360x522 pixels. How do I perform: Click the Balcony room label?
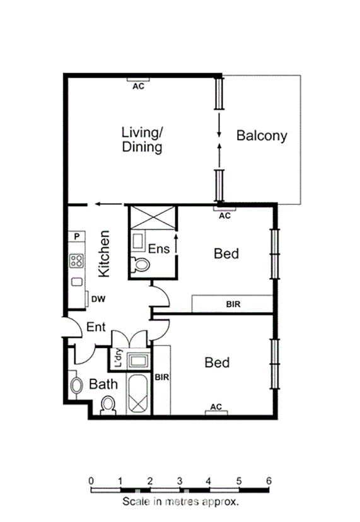click(262, 135)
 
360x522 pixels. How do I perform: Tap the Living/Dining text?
click(142, 140)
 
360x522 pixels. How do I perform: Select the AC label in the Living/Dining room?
click(138, 86)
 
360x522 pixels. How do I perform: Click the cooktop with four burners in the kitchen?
click(77, 260)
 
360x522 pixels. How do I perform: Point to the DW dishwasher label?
click(97, 299)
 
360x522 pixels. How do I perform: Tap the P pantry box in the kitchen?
click(76, 236)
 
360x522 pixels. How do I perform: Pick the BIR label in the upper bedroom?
click(233, 304)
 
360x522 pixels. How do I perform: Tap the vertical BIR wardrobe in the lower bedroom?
click(162, 378)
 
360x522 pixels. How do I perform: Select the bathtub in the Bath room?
click(137, 394)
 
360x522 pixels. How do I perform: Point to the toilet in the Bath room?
click(108, 405)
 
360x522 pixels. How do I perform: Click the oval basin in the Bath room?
click(77, 385)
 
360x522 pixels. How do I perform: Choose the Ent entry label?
click(96, 328)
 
